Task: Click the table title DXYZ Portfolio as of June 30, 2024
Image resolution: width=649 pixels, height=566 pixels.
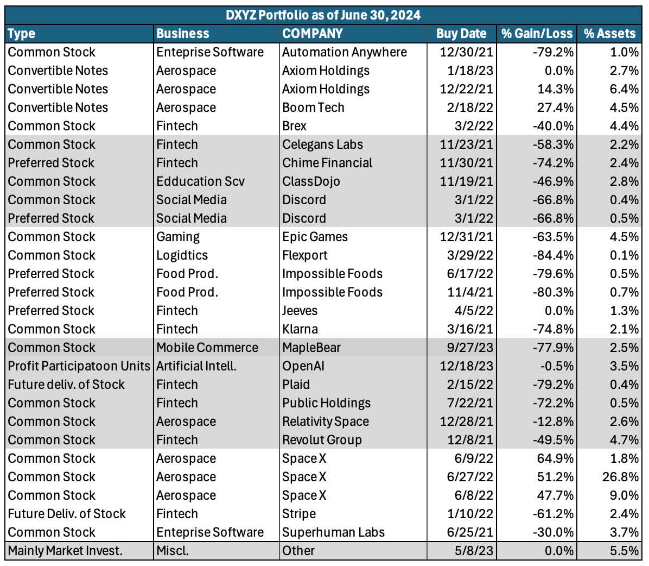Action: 323,15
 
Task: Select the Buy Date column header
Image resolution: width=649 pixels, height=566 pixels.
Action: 461,34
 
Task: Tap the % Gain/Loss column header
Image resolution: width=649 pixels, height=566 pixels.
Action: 537,34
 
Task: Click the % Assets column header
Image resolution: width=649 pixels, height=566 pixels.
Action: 610,34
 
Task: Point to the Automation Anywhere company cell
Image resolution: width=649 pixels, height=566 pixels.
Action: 345,52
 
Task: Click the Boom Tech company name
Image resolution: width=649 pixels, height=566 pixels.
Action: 313,108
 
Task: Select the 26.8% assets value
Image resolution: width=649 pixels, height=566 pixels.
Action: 620,477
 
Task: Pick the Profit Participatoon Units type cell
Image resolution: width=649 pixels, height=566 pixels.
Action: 79,366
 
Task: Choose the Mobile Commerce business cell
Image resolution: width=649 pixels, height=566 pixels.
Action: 207,348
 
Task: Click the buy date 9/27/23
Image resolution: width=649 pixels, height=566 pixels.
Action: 470,348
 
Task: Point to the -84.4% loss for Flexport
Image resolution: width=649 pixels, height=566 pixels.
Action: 553,255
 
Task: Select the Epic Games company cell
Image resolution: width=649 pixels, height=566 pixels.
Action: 315,237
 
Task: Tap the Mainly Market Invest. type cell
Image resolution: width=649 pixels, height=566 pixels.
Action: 66,551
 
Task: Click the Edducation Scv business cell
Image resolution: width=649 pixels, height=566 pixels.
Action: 201,181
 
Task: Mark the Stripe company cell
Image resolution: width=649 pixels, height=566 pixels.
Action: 299,514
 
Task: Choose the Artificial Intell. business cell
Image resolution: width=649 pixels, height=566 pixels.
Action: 196,366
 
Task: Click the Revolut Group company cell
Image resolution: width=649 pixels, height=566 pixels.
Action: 322,440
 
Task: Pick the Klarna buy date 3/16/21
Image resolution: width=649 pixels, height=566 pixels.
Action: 470,329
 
